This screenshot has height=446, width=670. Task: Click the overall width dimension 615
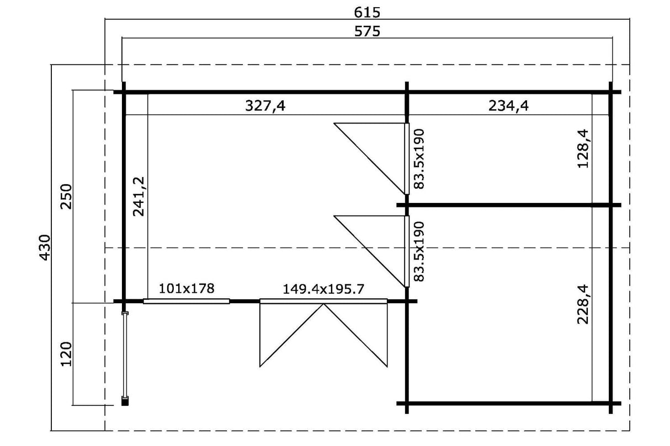click(x=367, y=13)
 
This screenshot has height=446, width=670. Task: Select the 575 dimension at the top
click(x=367, y=31)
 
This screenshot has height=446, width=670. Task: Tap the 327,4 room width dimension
click(x=265, y=106)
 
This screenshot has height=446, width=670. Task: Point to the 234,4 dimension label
click(x=508, y=106)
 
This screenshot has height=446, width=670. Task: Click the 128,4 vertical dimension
click(x=583, y=148)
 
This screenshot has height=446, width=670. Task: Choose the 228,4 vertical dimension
click(x=583, y=304)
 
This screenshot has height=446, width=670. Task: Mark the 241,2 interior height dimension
click(x=139, y=196)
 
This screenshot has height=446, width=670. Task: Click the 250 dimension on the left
click(x=66, y=197)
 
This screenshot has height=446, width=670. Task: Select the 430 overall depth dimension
click(x=45, y=248)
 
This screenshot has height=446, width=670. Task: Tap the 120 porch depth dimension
click(x=66, y=354)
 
